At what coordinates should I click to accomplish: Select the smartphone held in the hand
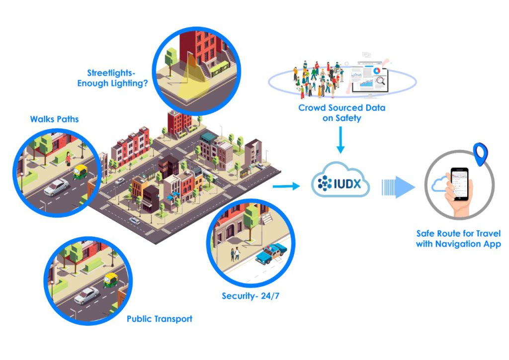[x=460, y=184]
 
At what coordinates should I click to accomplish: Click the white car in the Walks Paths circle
[x=56, y=187]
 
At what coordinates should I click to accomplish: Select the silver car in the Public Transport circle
[x=86, y=295]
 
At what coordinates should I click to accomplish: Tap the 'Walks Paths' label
[x=54, y=119]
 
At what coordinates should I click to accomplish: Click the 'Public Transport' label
[x=159, y=319]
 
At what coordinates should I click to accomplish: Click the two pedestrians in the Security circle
[x=235, y=254]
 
